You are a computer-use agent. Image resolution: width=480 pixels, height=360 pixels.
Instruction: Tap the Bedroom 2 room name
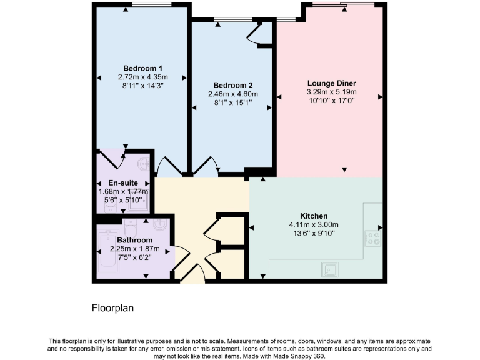pyautogui.click(x=232, y=85)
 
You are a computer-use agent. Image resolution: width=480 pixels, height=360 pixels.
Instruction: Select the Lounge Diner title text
pyautogui.click(x=331, y=82)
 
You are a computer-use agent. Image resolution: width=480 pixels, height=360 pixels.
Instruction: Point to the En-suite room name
pyautogui.click(x=114, y=183)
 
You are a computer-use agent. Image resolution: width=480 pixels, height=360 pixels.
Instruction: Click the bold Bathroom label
pyautogui.click(x=134, y=240)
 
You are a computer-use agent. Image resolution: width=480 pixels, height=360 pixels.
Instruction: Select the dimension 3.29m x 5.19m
pyautogui.click(x=331, y=91)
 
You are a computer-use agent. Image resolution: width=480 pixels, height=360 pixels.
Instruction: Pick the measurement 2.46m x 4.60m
pyautogui.click(x=232, y=94)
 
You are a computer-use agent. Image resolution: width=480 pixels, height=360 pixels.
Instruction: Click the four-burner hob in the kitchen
pyautogui.click(x=373, y=237)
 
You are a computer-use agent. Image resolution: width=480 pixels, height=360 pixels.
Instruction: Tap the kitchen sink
pyautogui.click(x=329, y=269)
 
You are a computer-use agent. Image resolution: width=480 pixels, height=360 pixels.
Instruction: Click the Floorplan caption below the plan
pyautogui.click(x=113, y=308)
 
